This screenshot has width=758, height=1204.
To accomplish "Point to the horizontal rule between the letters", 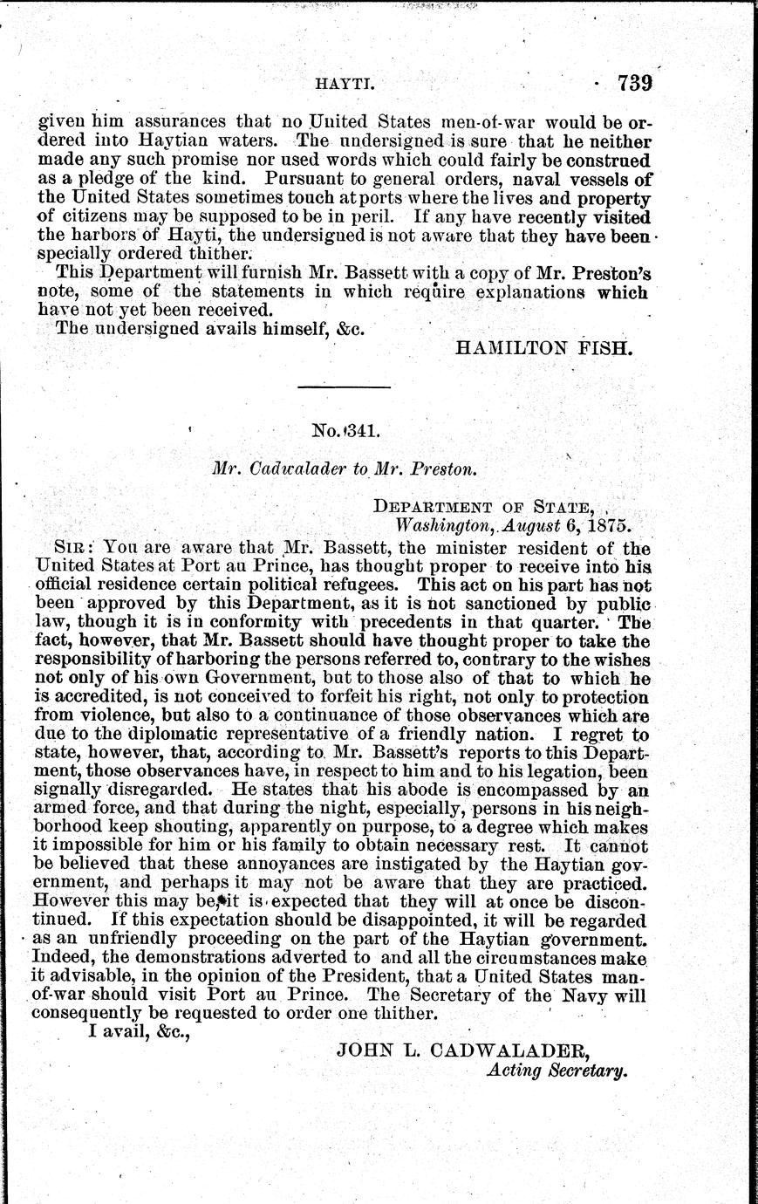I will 344,386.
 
